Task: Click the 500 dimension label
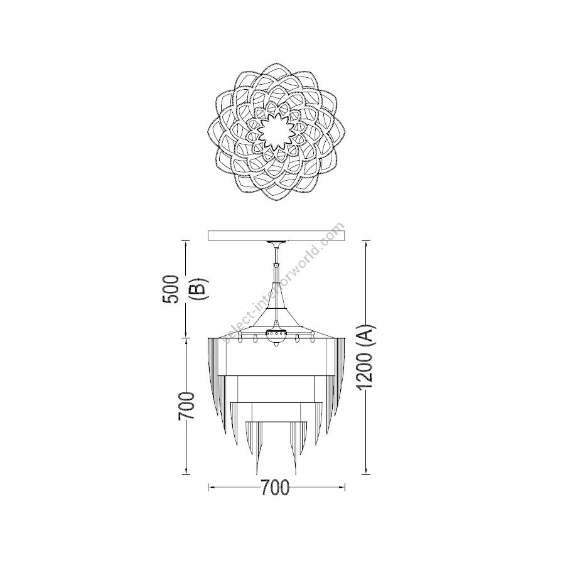pyautogui.click(x=171, y=289)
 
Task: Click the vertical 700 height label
pyautogui.click(x=186, y=406)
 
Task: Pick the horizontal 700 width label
pyautogui.click(x=275, y=488)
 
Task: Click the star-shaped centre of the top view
pyautogui.click(x=276, y=132)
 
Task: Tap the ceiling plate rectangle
pyautogui.click(x=277, y=235)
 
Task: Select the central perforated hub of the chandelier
pyautogui.click(x=276, y=335)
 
